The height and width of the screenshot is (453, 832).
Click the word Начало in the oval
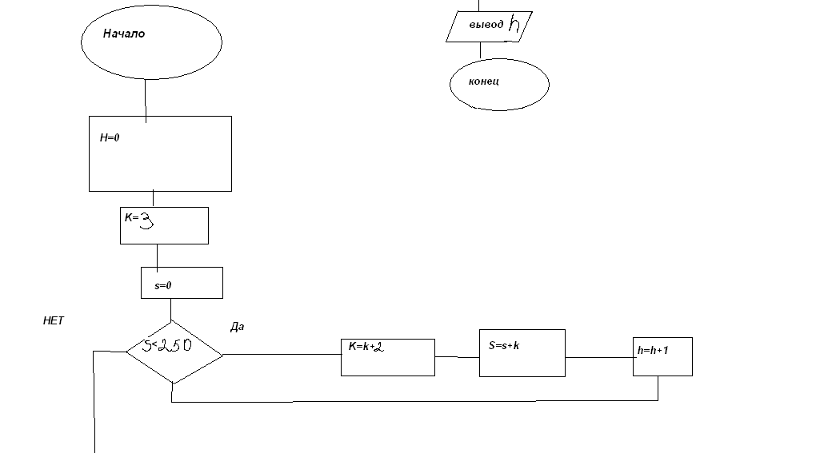(x=124, y=34)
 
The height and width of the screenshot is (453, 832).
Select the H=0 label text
(x=110, y=137)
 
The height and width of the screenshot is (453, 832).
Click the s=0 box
(x=182, y=283)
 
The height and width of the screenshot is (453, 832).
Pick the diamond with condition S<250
(x=174, y=352)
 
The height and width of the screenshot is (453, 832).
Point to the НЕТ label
(x=53, y=320)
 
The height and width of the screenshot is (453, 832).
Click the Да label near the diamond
(x=237, y=328)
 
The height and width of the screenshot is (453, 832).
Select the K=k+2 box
(x=387, y=357)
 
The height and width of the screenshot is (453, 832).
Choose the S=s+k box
(x=522, y=352)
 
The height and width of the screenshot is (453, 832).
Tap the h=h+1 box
(x=662, y=356)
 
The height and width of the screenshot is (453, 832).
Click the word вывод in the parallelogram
(x=486, y=25)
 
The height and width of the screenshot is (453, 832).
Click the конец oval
(x=498, y=83)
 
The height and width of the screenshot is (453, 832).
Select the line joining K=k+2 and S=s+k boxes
(x=457, y=357)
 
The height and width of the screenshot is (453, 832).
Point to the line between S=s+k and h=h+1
(x=598, y=357)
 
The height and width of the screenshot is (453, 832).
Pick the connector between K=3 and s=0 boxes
(x=157, y=256)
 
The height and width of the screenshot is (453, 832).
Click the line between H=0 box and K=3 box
(x=153, y=199)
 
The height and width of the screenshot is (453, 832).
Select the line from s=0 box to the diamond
(x=170, y=310)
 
